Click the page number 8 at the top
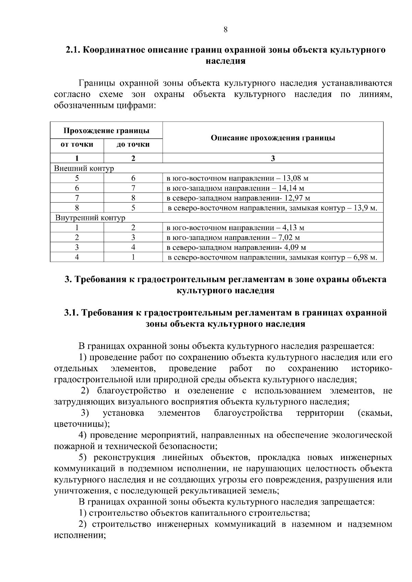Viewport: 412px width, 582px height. [x=225, y=29]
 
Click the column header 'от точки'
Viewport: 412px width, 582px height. [x=77, y=144]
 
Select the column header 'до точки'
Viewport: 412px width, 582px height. [x=133, y=144]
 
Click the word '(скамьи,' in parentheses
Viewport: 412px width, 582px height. [x=375, y=413]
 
